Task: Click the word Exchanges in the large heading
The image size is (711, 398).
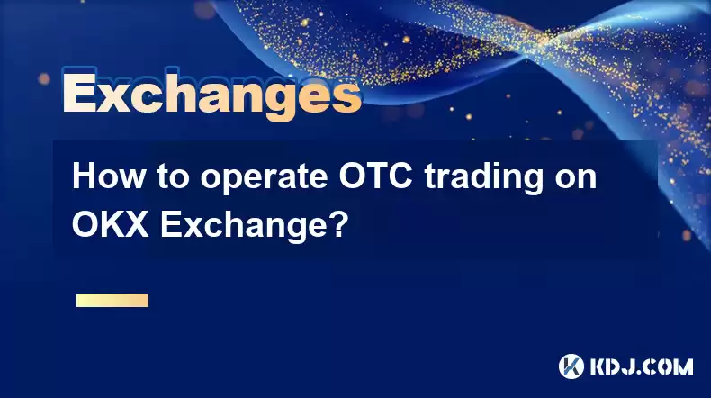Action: [x=212, y=95]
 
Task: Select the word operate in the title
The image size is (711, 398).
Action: [x=265, y=179]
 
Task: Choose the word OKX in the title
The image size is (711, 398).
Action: [x=110, y=224]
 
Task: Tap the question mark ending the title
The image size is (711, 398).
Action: [x=340, y=224]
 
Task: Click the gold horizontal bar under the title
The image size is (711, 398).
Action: [x=112, y=300]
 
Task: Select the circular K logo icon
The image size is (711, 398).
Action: [x=571, y=366]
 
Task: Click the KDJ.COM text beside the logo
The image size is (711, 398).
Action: [x=641, y=366]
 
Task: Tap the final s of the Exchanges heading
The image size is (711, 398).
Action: [x=346, y=97]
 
